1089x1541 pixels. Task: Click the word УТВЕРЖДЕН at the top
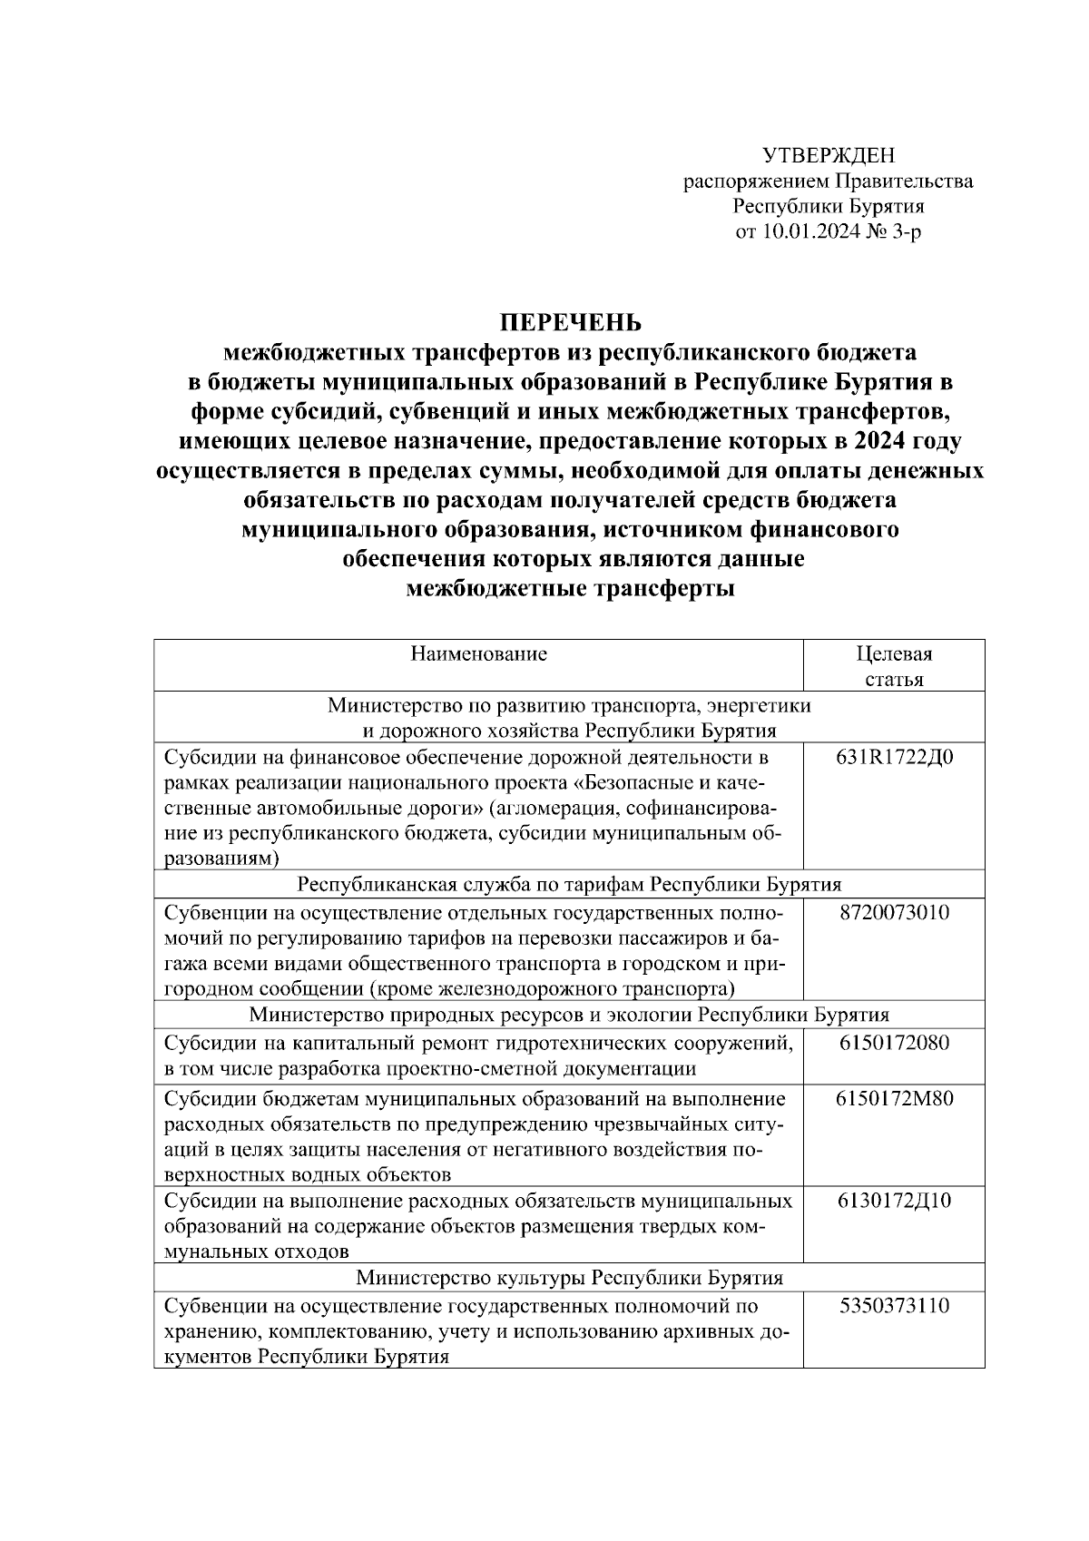tap(828, 155)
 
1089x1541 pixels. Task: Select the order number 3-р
tap(907, 232)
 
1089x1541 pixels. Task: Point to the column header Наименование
tap(478, 653)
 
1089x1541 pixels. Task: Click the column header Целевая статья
tap(894, 666)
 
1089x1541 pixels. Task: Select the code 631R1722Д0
tap(894, 757)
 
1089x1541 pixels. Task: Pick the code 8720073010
tap(894, 912)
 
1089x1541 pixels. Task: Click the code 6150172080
tap(894, 1043)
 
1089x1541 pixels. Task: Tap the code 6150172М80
tap(894, 1100)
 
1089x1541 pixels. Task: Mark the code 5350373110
tap(894, 1306)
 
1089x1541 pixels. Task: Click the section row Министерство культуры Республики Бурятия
tap(569, 1279)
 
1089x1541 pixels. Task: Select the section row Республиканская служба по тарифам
tap(569, 885)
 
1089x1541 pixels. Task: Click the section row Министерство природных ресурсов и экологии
tap(569, 1015)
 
